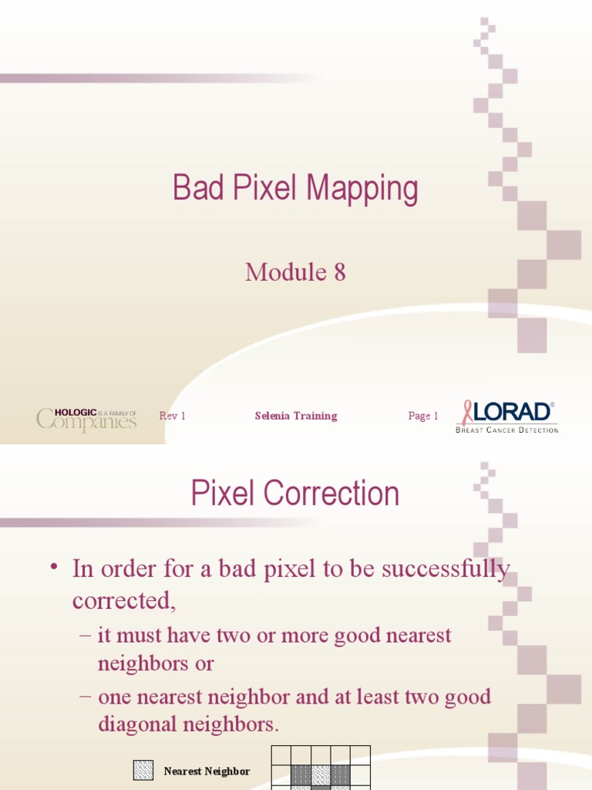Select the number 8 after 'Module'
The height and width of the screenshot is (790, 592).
point(339,272)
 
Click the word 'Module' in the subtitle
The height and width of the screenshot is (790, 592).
point(286,272)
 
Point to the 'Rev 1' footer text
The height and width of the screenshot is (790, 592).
point(172,416)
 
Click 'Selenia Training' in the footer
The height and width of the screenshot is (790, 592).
point(296,416)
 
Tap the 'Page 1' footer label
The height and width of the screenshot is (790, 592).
point(423,416)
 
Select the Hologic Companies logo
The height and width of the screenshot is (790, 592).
point(86,419)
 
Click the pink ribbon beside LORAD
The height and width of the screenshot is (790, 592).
point(467,412)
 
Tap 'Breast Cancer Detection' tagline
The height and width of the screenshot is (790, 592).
point(506,430)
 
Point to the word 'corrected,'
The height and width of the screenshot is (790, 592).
point(124,600)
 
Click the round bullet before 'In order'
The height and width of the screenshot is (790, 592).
point(53,569)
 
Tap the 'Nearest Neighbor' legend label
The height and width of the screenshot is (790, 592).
point(207,771)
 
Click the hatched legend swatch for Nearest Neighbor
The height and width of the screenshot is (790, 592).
point(143,771)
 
